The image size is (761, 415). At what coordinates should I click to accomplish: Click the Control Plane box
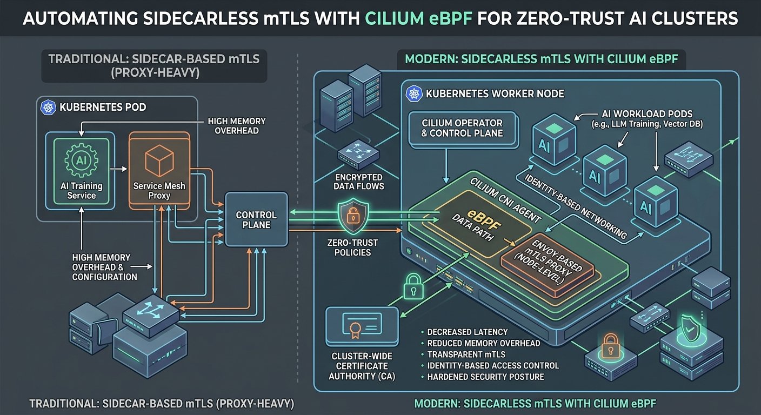[x=257, y=219]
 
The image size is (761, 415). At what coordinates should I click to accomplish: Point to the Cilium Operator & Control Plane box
[x=462, y=129]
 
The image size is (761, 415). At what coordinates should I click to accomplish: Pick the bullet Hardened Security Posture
[x=485, y=377]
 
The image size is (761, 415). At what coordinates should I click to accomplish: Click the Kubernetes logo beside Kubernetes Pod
[x=48, y=106]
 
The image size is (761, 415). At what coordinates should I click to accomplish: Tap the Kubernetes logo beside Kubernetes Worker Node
[x=415, y=93]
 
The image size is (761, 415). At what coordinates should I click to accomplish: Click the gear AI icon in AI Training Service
[x=81, y=160]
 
